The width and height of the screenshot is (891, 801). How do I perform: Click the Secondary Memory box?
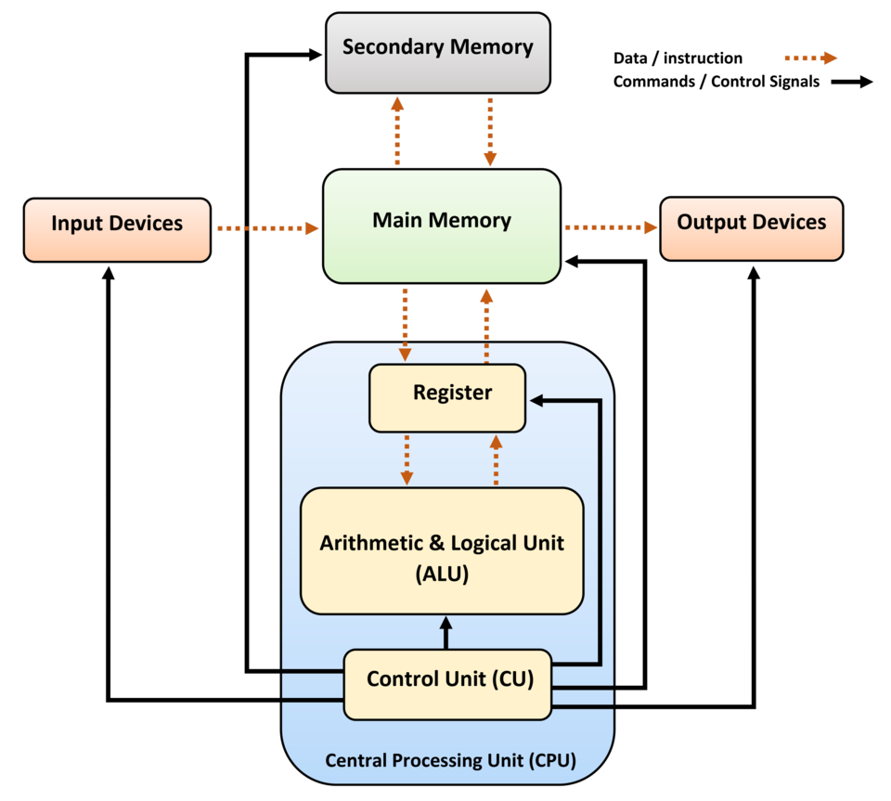pos(438,52)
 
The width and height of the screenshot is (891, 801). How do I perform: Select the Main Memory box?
pos(442,226)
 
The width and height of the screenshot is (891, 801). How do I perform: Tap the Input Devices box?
pos(117,229)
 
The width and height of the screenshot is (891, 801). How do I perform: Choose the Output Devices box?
pos(751,227)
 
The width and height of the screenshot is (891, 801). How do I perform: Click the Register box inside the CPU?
pos(447,398)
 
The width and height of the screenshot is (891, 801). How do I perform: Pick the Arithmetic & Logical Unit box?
pos(442,550)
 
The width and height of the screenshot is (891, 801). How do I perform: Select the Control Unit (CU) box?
pos(447,684)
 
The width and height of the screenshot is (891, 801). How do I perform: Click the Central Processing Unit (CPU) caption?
pos(450,761)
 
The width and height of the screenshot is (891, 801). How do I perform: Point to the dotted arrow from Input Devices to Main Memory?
pos(267,227)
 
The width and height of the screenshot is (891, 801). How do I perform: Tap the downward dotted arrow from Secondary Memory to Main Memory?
pos(489,132)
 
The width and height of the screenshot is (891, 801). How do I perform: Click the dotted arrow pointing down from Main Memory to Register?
pos(405,323)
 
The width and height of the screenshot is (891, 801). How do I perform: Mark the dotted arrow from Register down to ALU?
pos(406,459)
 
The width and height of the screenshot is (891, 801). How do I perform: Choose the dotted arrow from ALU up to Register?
pos(496,459)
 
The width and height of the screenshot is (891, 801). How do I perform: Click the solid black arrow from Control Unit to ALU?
pos(445,633)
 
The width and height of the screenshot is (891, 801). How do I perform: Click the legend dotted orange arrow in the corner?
pos(811,58)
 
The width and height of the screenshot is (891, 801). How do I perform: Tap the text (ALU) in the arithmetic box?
pos(442,575)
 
